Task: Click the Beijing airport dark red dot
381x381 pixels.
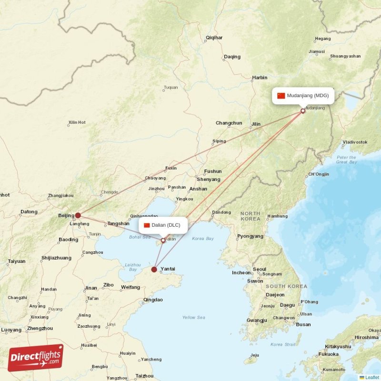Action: coord(78,215)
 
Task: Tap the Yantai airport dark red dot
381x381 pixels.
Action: coord(154,270)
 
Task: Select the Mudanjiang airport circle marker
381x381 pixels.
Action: coord(303,111)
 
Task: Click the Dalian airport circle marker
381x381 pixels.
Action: coord(163,241)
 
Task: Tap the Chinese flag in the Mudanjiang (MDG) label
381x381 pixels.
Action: coord(281,96)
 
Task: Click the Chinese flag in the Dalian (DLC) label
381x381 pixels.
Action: coord(147,225)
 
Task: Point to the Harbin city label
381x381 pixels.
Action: coord(260,78)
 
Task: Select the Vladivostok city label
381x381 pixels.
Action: coord(355,142)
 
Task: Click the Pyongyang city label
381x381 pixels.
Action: coord(250,236)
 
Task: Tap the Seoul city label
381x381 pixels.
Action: coord(260,269)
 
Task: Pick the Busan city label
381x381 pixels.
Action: coord(303,324)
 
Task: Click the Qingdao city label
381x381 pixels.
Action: coord(153,300)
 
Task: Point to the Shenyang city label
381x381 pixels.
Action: coord(208,180)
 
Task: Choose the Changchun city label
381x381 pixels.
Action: coord(229,123)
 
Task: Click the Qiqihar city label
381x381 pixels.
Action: coord(214,38)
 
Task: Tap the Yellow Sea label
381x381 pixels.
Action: coord(193,317)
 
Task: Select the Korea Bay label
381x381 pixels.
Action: coord(203,238)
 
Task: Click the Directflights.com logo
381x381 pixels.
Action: coord(36,358)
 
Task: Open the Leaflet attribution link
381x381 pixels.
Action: coord(372,377)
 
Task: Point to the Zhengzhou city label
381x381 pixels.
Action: coord(40,328)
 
